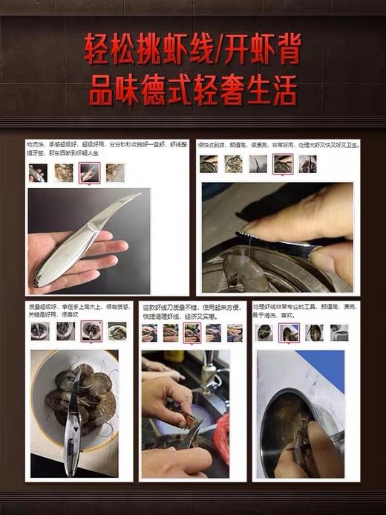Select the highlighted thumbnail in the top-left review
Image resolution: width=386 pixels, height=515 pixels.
pyautogui.click(x=88, y=173)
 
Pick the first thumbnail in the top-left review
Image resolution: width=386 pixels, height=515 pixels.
pyautogui.click(x=37, y=173)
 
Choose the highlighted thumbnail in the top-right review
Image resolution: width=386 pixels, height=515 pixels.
pyautogui.click(x=283, y=164)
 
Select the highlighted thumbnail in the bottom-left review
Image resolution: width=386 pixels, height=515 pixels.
pyautogui.click(x=91, y=331)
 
